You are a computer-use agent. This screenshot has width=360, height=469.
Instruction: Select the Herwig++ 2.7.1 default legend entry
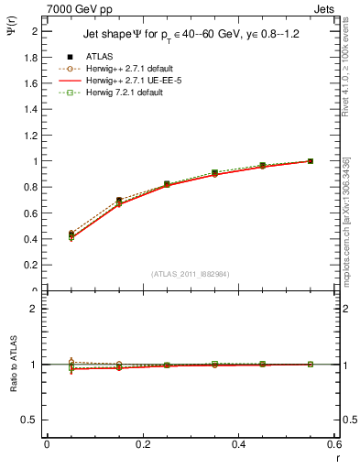tap(122, 69)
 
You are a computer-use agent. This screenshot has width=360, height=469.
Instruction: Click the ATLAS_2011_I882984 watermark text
tap(190, 274)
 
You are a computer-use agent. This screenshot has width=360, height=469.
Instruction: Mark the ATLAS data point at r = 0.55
tap(311, 161)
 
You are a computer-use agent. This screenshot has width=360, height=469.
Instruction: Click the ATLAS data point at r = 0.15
tap(119, 200)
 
